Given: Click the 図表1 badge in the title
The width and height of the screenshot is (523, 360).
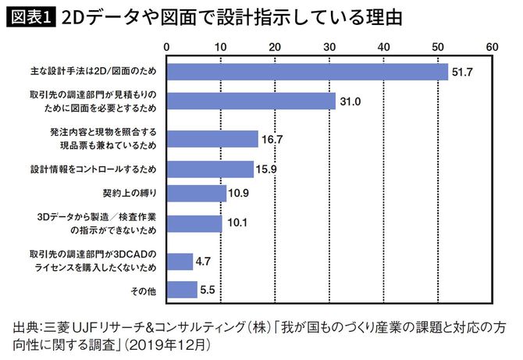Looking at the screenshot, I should (29, 17).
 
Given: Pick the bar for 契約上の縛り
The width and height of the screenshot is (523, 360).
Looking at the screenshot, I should (196, 192).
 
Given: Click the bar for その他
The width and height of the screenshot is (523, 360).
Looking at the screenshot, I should (182, 290).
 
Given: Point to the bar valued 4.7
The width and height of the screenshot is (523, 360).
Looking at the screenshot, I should (180, 262).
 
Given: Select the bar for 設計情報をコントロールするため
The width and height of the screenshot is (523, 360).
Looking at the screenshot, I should (210, 169).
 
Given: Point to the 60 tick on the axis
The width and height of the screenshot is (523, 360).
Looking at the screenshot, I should (491, 47).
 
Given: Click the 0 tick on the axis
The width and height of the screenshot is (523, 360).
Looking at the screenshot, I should (167, 47).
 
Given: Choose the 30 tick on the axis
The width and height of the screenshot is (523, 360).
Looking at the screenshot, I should (329, 47).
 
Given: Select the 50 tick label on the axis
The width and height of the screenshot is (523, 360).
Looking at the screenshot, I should (437, 47).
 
